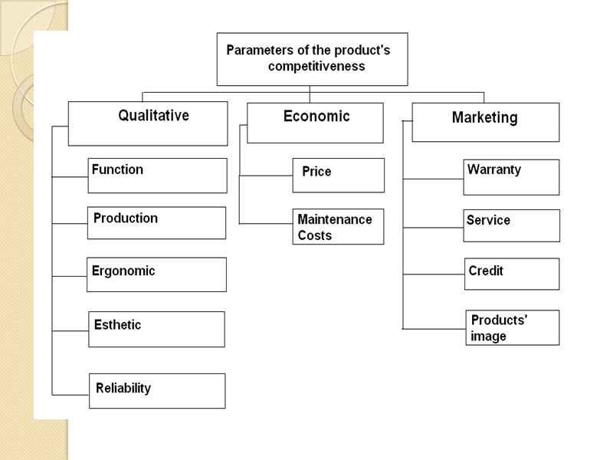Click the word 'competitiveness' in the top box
(x=316, y=66)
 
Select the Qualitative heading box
(x=148, y=123)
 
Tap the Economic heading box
(x=315, y=123)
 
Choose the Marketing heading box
(x=485, y=123)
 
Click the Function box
(x=157, y=176)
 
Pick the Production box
(x=156, y=222)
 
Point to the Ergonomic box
(x=156, y=274)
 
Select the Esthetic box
(x=156, y=329)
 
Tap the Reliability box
(x=157, y=391)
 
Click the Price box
(x=338, y=175)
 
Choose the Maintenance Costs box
(x=338, y=227)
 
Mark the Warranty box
(x=511, y=177)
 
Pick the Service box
(x=511, y=225)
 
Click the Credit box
(x=511, y=274)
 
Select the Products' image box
(x=512, y=327)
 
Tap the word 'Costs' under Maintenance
(x=315, y=235)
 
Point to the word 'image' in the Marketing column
(x=488, y=336)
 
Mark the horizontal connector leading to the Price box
(x=266, y=176)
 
